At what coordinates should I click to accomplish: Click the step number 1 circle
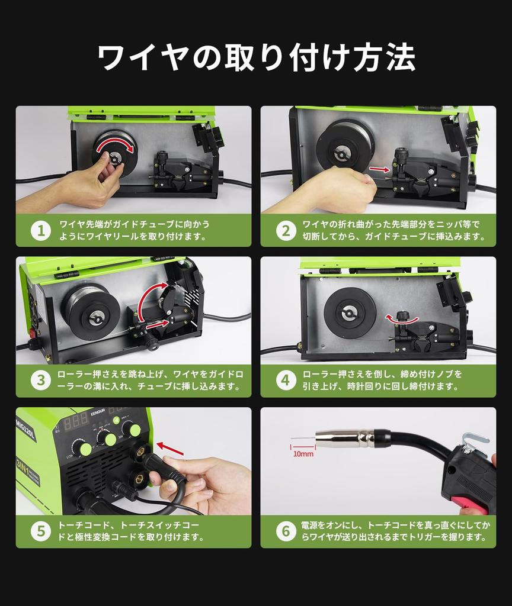41,231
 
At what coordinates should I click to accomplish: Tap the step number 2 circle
286,231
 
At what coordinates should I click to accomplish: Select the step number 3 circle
41,381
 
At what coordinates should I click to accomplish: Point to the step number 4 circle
286,381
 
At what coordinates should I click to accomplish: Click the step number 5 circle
41,531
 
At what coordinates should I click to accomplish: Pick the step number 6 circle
286,531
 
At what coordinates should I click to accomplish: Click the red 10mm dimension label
303,454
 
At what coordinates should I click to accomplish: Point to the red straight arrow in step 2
379,169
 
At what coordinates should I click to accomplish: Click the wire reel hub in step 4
348,313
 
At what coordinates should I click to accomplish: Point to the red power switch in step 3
34,332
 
